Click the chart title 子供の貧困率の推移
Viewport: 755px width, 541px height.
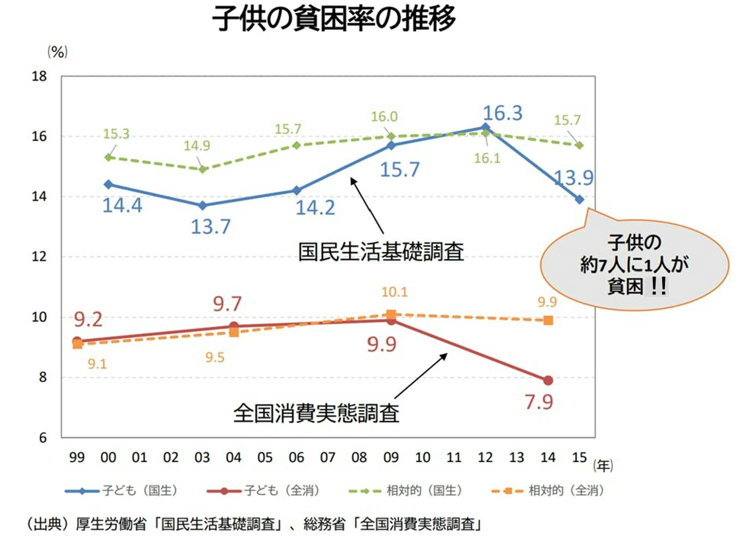334,19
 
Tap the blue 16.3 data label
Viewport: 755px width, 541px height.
502,113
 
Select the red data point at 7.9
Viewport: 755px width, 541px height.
548,380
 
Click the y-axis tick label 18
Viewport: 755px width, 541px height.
39,76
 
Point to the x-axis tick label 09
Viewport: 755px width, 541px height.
391,457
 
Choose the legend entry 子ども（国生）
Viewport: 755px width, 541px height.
122,491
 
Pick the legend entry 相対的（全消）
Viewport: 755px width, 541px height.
548,491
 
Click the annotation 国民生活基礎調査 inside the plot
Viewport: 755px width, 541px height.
381,252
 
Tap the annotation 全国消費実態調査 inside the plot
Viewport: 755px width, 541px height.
316,413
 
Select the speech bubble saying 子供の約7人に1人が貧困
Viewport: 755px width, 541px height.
634,265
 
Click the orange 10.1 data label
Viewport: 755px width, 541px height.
394,292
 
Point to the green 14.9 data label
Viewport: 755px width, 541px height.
197,146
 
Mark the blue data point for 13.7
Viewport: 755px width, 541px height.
203,205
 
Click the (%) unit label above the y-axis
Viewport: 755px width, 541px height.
57,51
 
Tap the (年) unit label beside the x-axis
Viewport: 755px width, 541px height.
603,466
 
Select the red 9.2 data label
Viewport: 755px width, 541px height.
88,320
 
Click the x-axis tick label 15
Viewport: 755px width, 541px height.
579,457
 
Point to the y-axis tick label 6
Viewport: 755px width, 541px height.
43,438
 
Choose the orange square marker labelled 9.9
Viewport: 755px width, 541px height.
548,320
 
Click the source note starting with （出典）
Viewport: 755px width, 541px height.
254,524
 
